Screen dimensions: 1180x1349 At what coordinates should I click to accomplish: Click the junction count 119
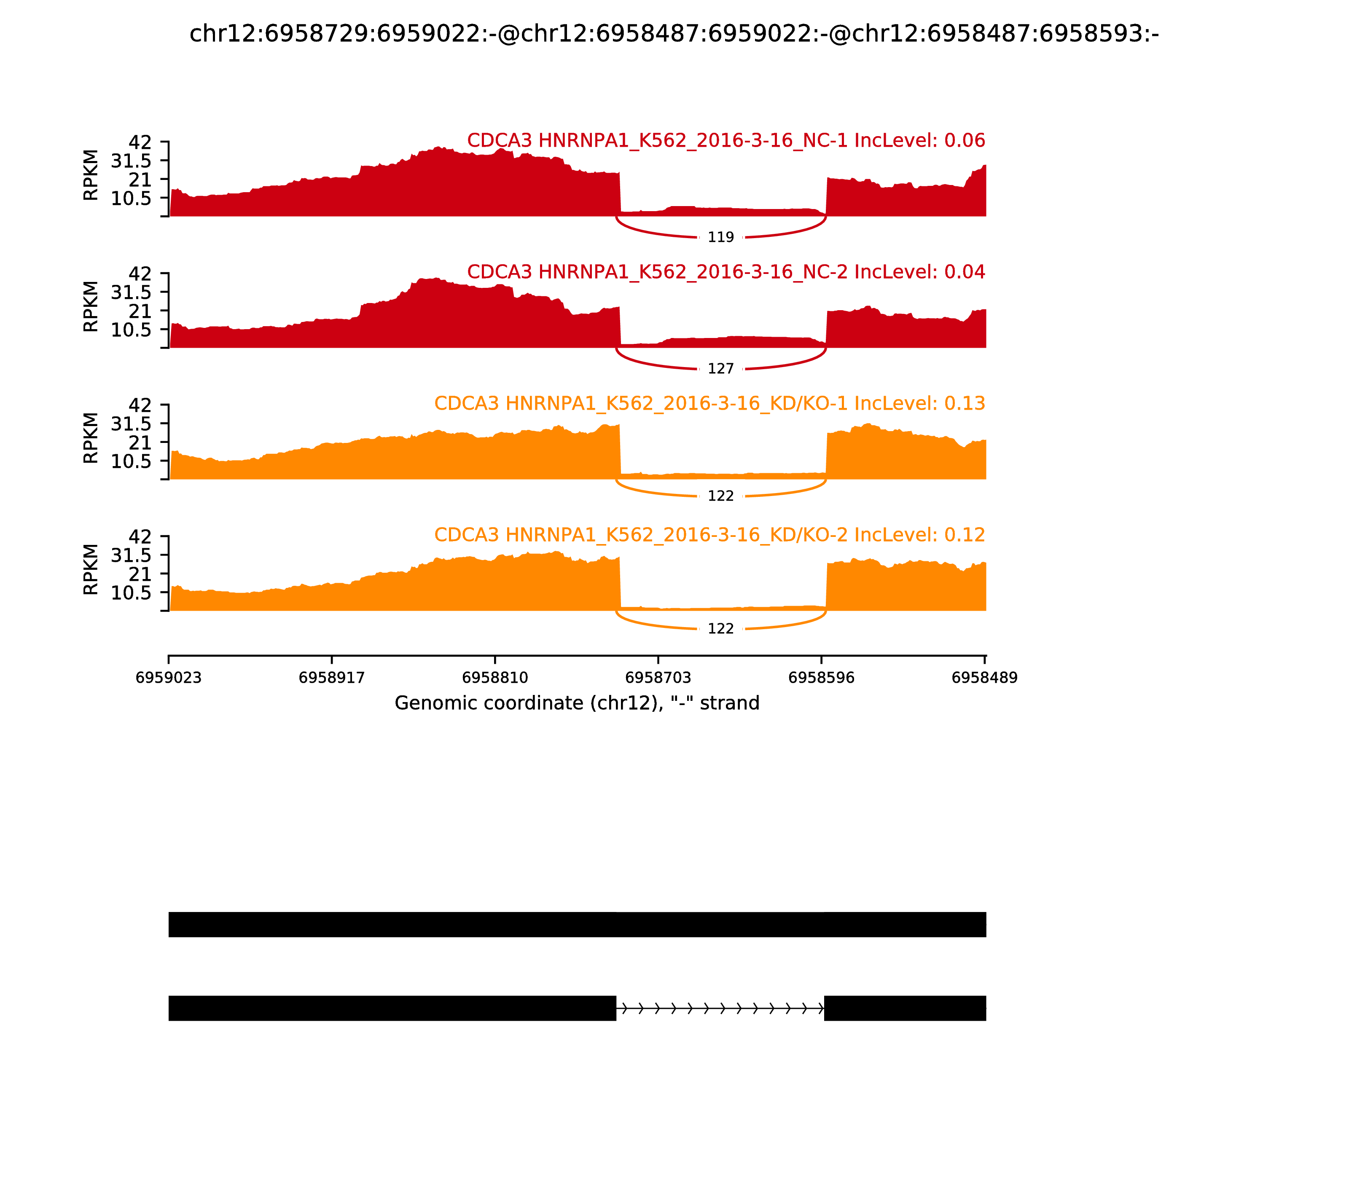tap(720, 237)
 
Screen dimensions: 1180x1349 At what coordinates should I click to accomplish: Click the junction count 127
tap(720, 369)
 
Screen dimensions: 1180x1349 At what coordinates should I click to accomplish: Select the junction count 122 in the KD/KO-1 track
tap(720, 496)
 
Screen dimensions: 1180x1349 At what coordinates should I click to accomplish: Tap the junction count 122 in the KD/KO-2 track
tap(720, 629)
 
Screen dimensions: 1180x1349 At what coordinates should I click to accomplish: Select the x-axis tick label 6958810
tap(494, 678)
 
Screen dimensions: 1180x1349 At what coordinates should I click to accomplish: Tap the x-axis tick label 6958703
tap(658, 678)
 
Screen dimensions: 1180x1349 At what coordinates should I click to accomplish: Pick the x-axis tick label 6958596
tap(821, 678)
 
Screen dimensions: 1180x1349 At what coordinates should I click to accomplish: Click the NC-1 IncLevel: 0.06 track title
tap(726, 140)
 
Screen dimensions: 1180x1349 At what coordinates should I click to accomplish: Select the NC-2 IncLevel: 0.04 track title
tap(726, 272)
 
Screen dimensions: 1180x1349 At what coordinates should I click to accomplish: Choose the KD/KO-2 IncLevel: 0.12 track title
tap(709, 535)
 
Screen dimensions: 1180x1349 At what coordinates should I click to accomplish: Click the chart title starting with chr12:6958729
tap(674, 34)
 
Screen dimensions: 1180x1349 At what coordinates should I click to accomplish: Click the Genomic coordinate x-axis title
tap(577, 703)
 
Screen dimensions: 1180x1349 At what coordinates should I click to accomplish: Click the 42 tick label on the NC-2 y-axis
tap(140, 273)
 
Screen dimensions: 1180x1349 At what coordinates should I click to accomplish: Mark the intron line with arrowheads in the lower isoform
tap(720, 1008)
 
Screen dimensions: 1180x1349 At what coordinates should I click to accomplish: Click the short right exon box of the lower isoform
tap(905, 1008)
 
